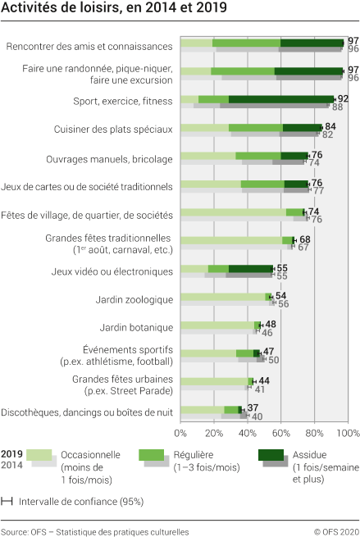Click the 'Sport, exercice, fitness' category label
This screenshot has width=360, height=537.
tap(122, 100)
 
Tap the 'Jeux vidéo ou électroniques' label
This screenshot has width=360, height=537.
tap(109, 271)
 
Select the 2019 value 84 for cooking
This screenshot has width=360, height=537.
tap(330, 126)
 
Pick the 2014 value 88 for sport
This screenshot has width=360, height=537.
tap(337, 107)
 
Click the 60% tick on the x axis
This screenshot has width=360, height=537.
tap(280, 433)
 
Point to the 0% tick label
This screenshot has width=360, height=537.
tap(180, 433)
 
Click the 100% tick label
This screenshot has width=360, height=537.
tap(347, 433)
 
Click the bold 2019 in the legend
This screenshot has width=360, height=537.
tap(11, 453)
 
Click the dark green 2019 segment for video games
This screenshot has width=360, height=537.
tap(251, 268)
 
